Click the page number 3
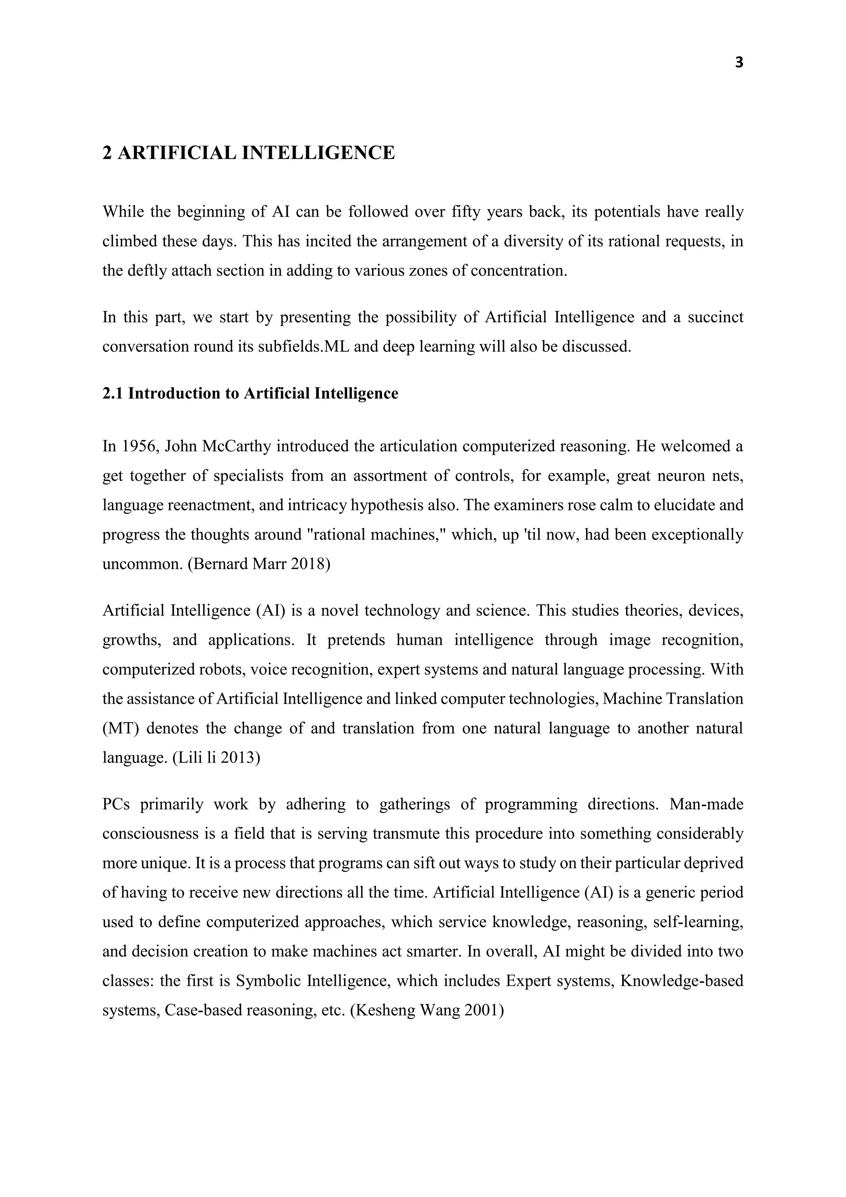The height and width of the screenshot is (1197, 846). point(739,63)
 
